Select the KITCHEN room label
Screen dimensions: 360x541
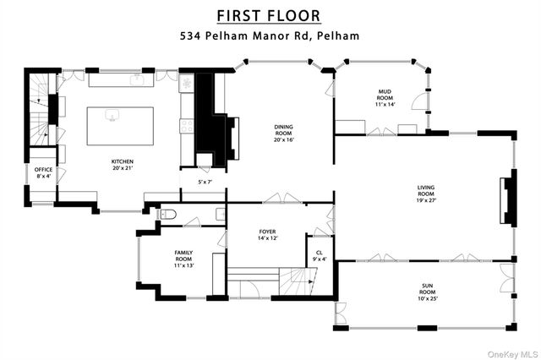[123, 161]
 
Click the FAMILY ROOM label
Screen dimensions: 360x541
[183, 256]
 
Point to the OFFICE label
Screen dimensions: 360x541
[43, 170]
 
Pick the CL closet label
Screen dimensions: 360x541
[319, 252]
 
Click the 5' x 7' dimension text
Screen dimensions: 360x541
[205, 182]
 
